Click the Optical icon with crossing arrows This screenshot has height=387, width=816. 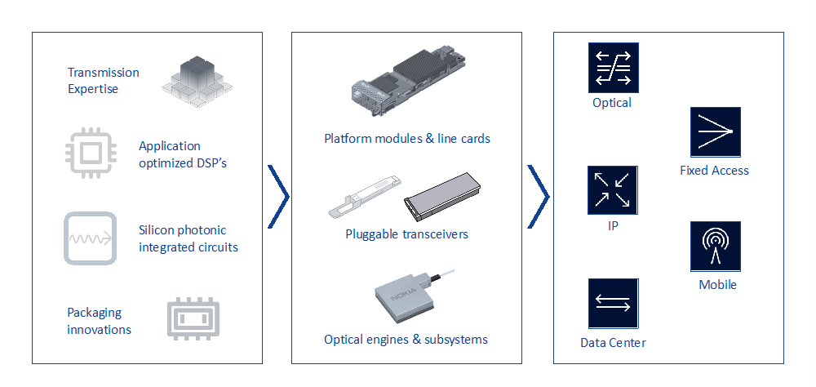coord(613,67)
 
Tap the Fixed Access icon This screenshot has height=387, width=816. coord(715,131)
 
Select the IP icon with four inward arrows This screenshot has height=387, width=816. coord(613,189)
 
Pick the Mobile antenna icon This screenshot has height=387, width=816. coord(715,246)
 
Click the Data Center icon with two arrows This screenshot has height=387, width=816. coord(613,304)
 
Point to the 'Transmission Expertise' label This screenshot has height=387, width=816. coord(103,80)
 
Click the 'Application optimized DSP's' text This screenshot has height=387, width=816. coord(182,154)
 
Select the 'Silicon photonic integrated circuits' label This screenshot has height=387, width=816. coord(188,238)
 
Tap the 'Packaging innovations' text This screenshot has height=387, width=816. coord(99,321)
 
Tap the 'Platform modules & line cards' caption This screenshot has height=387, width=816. coord(406,139)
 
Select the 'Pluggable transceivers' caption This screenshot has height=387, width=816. coord(406,235)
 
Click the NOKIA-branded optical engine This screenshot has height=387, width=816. coord(406,299)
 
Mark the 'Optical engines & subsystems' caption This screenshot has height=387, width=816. coord(406,340)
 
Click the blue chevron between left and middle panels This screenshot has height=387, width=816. coord(278,196)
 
